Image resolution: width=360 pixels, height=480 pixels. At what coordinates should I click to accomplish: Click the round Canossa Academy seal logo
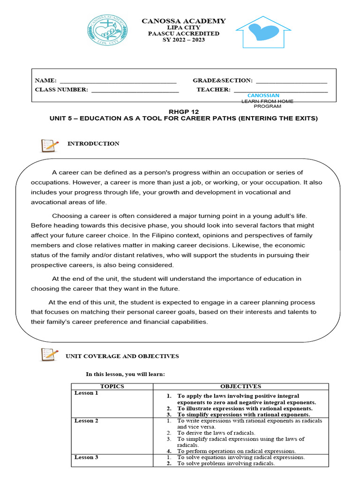[x=107, y=31]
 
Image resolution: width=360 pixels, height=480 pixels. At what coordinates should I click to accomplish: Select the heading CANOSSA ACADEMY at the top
[x=184, y=21]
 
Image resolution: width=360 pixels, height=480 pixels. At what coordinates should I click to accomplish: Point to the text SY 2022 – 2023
[x=184, y=40]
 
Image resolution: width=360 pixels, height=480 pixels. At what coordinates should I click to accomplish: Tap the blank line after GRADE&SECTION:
[x=291, y=81]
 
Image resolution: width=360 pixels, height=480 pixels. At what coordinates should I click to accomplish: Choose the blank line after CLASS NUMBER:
[x=135, y=90]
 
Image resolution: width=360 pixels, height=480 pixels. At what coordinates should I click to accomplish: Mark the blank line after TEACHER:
[x=280, y=90]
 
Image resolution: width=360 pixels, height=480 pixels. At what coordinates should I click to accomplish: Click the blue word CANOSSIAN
[x=263, y=96]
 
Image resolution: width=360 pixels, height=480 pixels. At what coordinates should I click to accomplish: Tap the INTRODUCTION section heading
[x=93, y=144]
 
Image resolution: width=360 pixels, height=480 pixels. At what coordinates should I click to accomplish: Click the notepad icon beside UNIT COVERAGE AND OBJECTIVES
[x=50, y=354]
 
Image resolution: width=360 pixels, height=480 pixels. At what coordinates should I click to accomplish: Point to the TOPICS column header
[x=112, y=386]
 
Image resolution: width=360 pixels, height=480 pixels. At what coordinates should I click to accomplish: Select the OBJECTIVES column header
[x=240, y=386]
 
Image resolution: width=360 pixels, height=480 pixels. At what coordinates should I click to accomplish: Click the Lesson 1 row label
[x=86, y=393]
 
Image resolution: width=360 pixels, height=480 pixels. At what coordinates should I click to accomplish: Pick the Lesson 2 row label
[x=86, y=421]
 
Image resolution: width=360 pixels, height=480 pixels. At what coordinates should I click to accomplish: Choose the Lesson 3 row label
[x=86, y=457]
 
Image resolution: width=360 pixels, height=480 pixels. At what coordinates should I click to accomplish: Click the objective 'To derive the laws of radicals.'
[x=216, y=433]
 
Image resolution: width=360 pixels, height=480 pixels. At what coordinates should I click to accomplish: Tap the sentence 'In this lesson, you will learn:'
[x=125, y=374]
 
